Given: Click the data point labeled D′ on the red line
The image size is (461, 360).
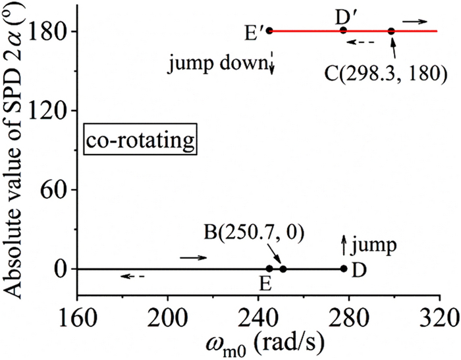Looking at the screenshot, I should coord(343,30).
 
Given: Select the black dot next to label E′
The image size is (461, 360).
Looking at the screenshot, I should coord(269,30).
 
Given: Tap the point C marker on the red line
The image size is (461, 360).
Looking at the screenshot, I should coord(391,31).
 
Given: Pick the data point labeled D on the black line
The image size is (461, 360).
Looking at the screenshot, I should coord(344,269).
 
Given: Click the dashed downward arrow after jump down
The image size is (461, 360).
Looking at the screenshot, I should coord(271,64).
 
